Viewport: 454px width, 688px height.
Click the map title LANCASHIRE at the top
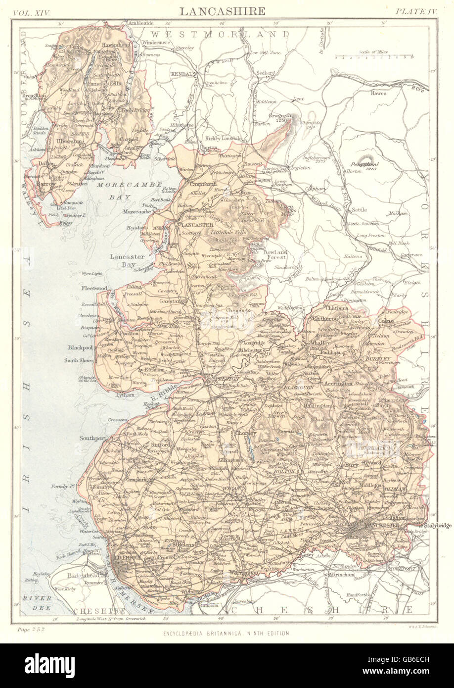point(222,11)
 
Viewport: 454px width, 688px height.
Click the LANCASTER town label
point(194,224)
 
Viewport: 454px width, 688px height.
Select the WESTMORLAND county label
point(220,34)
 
